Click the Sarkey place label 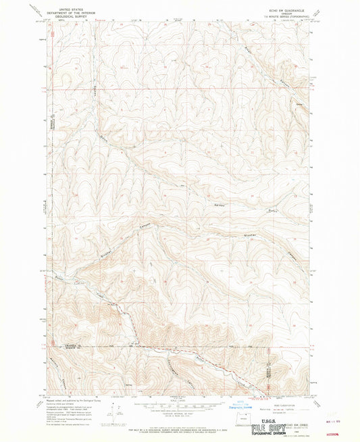coord(221,204)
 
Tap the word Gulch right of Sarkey coord(253,210)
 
